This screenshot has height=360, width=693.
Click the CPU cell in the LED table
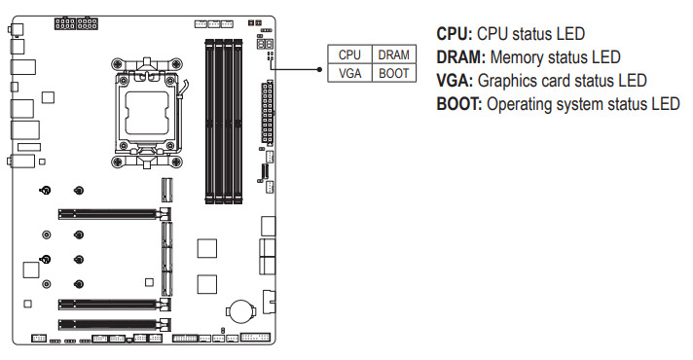point(349,54)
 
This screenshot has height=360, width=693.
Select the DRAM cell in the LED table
point(394,54)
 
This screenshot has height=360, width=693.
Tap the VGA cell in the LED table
point(349,73)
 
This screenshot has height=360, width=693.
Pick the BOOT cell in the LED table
point(394,73)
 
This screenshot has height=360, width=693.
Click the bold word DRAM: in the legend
point(461,57)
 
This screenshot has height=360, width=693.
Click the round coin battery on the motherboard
point(240,311)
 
